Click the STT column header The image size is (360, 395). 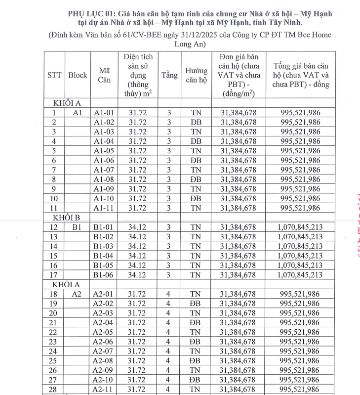coord(55,75)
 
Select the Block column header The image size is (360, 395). coord(78,75)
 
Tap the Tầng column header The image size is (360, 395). coord(169,75)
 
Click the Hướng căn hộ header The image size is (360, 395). coord(196,75)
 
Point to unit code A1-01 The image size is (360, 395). coord(104,113)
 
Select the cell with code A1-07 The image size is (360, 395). coord(104,170)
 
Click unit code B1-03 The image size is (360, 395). coord(104,246)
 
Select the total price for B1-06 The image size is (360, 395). coord(300,275)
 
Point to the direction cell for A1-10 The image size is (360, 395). coord(196,198)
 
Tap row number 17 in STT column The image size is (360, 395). coord(54,275)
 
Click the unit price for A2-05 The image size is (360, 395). coord(239,332)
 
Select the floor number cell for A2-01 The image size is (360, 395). coord(169,294)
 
